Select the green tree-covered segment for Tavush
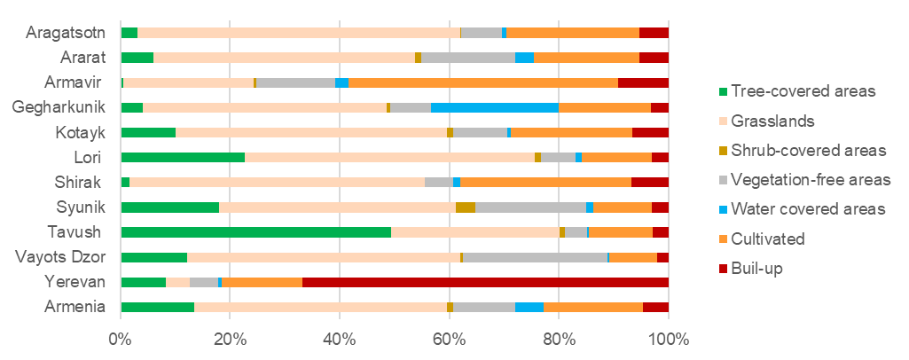(x=255, y=232)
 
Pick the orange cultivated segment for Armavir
(x=483, y=82)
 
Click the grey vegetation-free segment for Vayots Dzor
(x=536, y=257)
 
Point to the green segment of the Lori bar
(x=183, y=157)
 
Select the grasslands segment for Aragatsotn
(x=299, y=33)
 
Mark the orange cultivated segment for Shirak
(x=545, y=183)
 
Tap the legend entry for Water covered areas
(x=802, y=209)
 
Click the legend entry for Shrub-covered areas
(x=802, y=150)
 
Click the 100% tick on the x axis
(x=668, y=340)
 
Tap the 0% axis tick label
(x=121, y=340)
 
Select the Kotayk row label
(x=82, y=132)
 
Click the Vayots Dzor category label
(x=60, y=257)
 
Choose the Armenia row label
(x=75, y=307)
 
